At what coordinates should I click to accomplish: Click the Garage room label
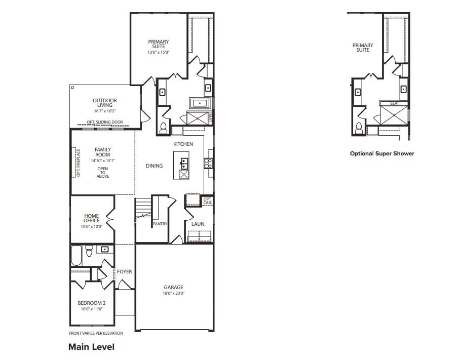pyautogui.click(x=173, y=287)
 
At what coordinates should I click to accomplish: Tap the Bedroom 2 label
pyautogui.click(x=92, y=303)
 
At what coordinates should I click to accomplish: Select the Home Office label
pyautogui.click(x=92, y=219)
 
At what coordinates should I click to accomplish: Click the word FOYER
pyautogui.click(x=125, y=272)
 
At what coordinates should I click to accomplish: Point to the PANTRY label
pyautogui.click(x=160, y=224)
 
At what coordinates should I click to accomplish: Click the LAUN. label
pyautogui.click(x=198, y=224)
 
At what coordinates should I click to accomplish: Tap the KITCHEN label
pyautogui.click(x=183, y=144)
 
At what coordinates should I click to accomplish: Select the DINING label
pyautogui.click(x=155, y=166)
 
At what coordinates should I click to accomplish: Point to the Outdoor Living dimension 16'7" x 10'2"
pyautogui.click(x=105, y=111)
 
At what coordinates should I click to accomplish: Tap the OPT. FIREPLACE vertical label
pyautogui.click(x=78, y=163)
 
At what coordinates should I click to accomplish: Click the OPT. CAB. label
pyautogui.click(x=207, y=201)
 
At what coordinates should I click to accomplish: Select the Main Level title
pyautogui.click(x=91, y=347)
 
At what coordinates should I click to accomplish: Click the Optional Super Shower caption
pyautogui.click(x=382, y=153)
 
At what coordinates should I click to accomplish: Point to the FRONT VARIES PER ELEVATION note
pyautogui.click(x=96, y=333)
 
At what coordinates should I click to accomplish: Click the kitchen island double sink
pyautogui.click(x=184, y=163)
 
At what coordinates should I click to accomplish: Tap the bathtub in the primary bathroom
pyautogui.click(x=199, y=104)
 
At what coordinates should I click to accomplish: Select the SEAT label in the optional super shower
pyautogui.click(x=394, y=104)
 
